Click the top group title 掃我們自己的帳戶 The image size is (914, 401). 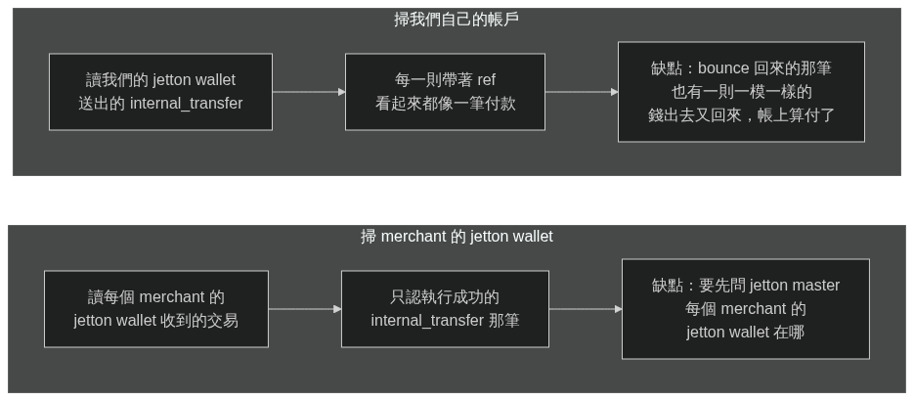point(457,20)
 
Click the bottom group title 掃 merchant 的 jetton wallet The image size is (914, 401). point(457,236)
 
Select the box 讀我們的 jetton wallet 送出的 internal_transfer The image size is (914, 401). point(161,92)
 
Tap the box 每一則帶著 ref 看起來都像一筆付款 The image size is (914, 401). point(446,92)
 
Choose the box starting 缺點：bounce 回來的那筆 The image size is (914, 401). point(741,92)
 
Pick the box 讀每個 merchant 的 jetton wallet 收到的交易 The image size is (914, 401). point(156,309)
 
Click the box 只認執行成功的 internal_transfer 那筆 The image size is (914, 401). point(446,309)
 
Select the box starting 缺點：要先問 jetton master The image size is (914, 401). point(746,309)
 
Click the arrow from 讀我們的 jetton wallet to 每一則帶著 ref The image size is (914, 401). point(309,92)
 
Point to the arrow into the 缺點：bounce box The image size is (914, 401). point(582,92)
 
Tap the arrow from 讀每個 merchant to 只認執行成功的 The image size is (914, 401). point(305,309)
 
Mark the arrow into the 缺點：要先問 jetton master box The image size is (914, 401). point(586,309)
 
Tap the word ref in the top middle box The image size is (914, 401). point(487,80)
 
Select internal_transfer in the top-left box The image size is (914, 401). point(186,104)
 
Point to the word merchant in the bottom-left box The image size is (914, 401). point(172,297)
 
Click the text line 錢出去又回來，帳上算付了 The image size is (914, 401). point(741,115)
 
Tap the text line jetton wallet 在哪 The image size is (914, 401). point(746,333)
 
